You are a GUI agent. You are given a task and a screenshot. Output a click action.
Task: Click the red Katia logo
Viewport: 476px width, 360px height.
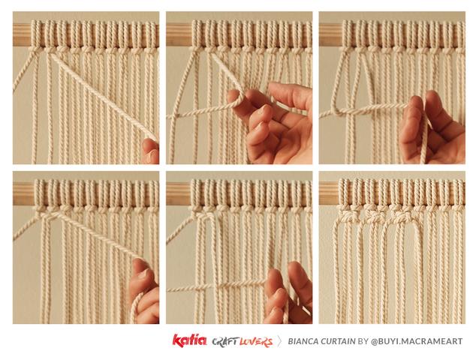pos(189,340)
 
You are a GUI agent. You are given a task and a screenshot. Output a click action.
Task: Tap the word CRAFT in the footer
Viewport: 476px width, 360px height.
pos(225,342)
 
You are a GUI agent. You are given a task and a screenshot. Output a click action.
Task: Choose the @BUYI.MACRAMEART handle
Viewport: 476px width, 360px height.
pos(417,341)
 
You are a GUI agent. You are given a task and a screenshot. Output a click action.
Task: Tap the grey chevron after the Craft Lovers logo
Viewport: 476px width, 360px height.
pos(279,341)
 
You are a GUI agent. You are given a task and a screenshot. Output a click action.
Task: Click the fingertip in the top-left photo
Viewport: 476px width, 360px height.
pos(150,151)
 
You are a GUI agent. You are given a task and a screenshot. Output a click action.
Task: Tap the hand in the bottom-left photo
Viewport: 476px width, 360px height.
pos(144,291)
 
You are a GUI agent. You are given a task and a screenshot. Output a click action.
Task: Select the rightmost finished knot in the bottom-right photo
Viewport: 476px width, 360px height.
pos(402,216)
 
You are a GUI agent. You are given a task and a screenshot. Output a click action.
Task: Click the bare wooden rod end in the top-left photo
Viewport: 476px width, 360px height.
pos(22,35)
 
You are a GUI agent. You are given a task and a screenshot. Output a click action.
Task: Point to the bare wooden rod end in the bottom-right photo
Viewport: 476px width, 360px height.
pos(329,193)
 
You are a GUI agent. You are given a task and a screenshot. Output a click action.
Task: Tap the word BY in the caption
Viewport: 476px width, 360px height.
pos(363,341)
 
